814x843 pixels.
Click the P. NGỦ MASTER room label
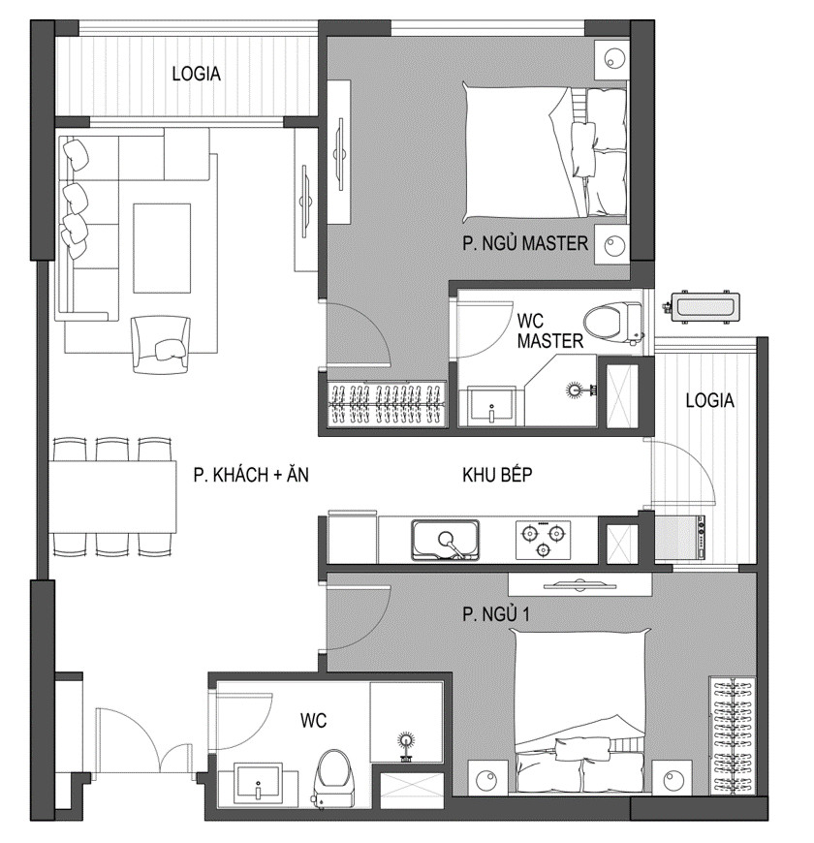525,243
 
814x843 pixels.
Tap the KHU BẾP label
497,475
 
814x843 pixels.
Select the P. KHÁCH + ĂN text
251,475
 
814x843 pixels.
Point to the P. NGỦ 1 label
496,614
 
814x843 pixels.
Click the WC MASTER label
549,330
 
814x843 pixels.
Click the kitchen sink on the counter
445,540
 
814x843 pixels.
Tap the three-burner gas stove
542,540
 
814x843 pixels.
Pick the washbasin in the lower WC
258,783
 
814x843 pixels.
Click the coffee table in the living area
162,248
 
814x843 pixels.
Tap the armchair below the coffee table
161,344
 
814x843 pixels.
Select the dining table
114,497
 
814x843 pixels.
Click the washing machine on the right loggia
679,539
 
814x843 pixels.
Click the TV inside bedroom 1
579,584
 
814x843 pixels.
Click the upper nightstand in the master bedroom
612,57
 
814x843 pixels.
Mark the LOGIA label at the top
197,74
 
